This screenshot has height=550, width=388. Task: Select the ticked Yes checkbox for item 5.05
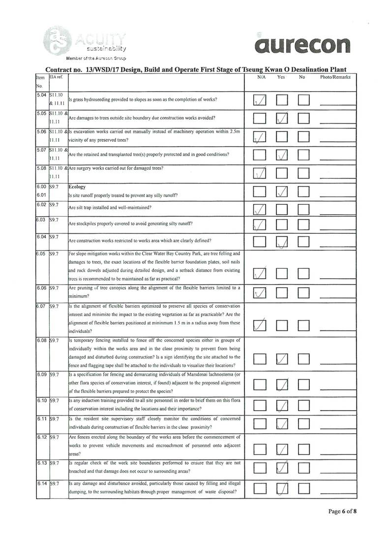pos(282,118)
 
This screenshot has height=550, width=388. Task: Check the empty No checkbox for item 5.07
pos(303,156)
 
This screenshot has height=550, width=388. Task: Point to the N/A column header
pos(261,77)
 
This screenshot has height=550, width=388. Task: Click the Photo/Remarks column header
pos(335,77)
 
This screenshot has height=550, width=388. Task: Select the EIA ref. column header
pos(55,77)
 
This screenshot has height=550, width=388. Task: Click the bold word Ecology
pos(77,187)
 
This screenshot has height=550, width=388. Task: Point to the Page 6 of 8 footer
pos(342,511)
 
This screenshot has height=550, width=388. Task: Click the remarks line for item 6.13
pos(337,472)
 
